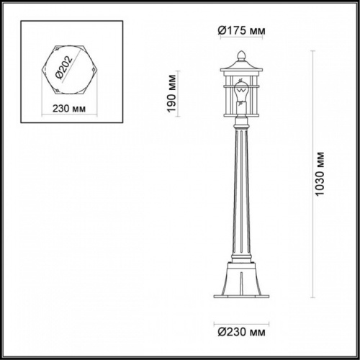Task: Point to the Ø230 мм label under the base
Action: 240,333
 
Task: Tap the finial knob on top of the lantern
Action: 241,54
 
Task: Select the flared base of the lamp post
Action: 241,277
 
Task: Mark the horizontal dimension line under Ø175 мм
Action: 241,41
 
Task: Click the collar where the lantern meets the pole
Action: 241,127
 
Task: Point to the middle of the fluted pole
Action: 241,194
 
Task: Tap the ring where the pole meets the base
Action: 241,258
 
